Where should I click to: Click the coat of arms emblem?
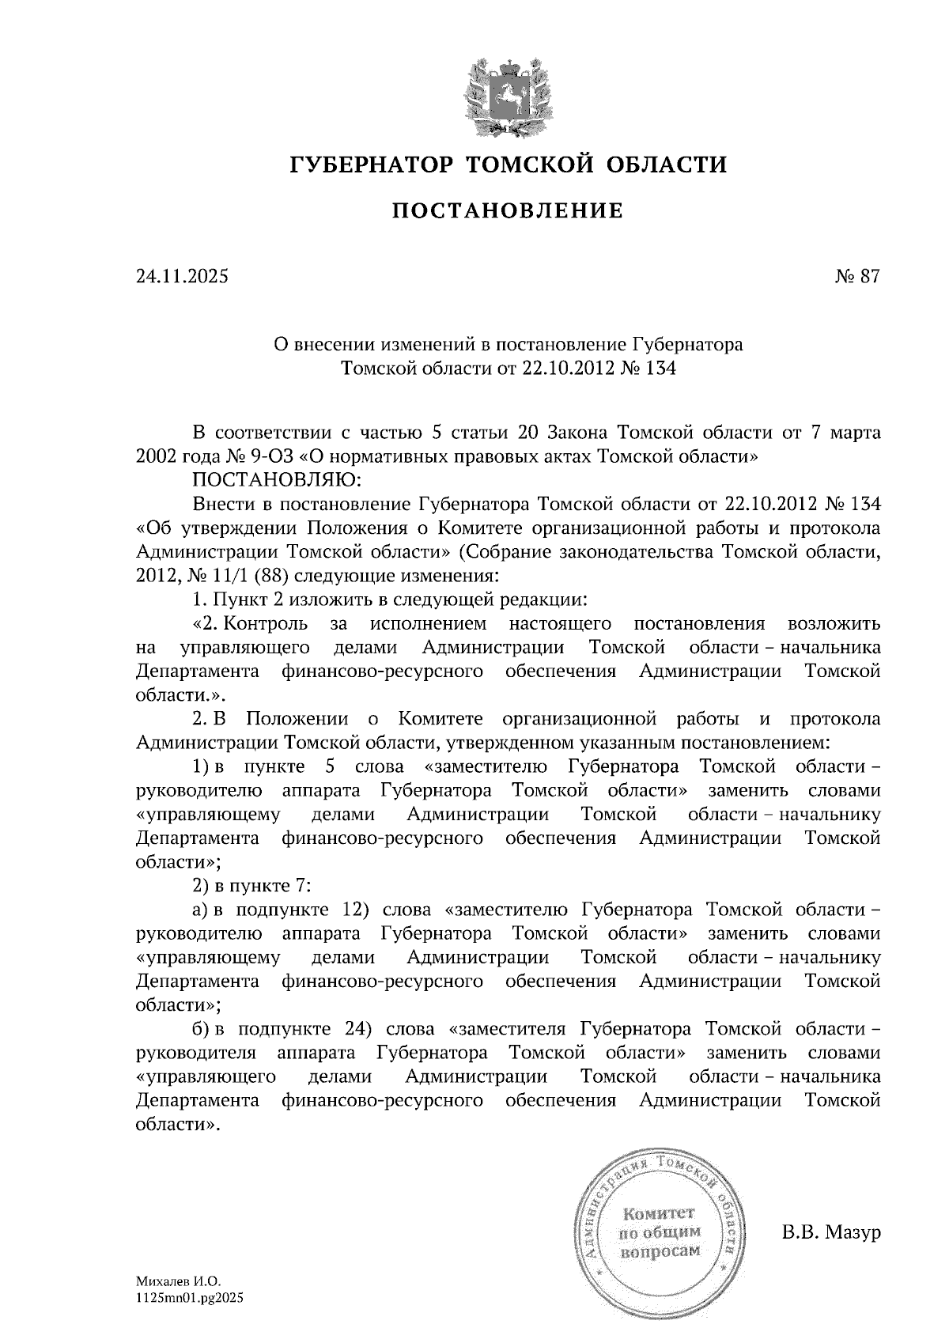pyautogui.click(x=507, y=96)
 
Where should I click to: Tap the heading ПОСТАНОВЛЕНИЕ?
pyautogui.click(x=507, y=211)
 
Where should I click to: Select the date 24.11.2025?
pyautogui.click(x=182, y=277)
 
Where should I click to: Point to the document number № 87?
pyautogui.click(x=856, y=277)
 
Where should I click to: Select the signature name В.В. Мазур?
pyautogui.click(x=831, y=1233)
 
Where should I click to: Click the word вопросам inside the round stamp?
pyautogui.click(x=660, y=1251)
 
